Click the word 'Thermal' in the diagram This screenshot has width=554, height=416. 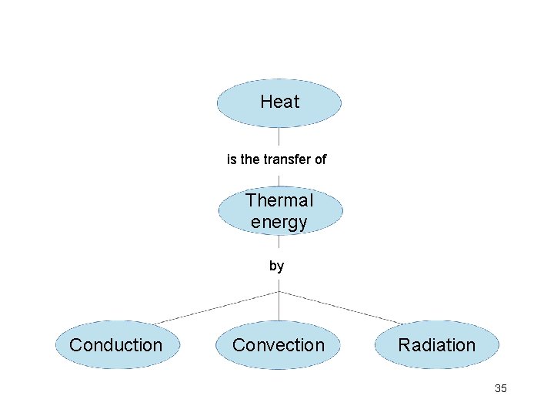279,201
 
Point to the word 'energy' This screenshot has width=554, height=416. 279,223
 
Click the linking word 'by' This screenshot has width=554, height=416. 277,267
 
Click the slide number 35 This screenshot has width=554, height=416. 501,388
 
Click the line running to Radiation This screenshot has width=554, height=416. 340,307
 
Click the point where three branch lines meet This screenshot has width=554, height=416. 279,291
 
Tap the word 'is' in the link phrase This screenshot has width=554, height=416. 232,159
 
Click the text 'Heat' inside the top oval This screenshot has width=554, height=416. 280,102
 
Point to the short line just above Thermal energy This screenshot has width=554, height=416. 279,180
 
